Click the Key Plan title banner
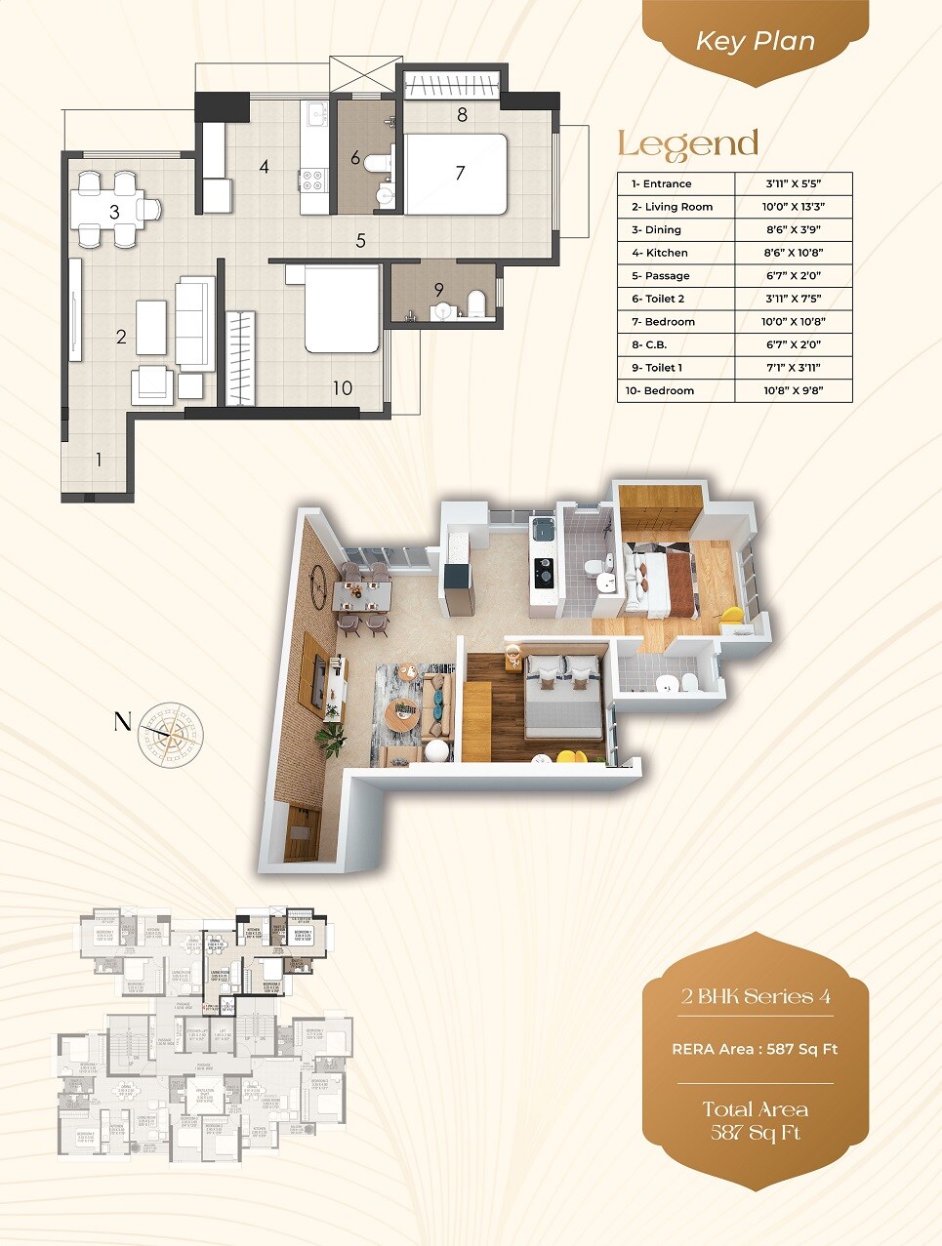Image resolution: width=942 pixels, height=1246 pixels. click(755, 42)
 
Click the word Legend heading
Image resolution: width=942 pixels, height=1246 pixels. click(688, 145)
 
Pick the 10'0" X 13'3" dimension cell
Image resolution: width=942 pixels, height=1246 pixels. click(793, 207)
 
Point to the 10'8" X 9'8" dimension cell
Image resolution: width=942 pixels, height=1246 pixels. click(793, 390)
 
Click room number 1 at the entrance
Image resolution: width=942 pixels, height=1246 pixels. click(99, 459)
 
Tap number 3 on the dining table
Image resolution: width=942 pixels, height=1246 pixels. click(114, 212)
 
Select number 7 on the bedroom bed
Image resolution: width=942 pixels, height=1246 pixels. click(460, 174)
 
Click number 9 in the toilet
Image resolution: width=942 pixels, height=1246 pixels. click(439, 290)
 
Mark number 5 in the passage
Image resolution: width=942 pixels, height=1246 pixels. click(360, 240)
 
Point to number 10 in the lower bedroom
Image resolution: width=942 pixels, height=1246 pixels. click(342, 388)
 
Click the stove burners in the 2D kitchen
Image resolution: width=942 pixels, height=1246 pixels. click(312, 181)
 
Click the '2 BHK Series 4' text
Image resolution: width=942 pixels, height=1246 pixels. click(756, 996)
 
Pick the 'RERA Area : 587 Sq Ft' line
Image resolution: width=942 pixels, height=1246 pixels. click(756, 1049)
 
